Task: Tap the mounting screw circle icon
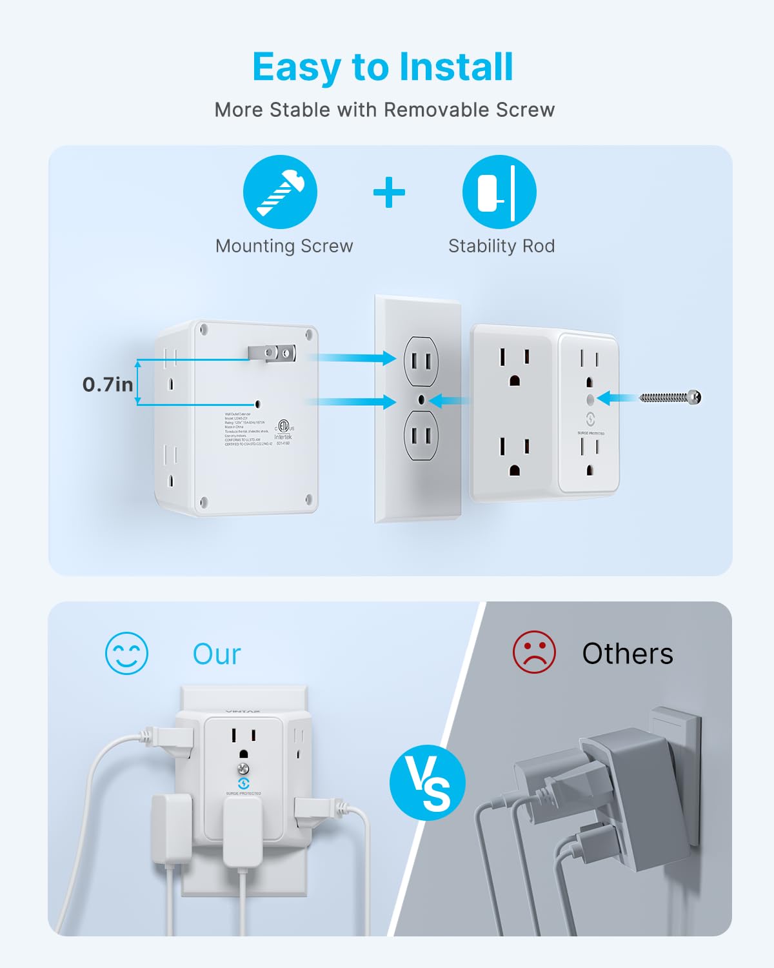(x=280, y=192)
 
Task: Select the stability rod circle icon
(x=499, y=192)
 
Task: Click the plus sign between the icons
(x=389, y=192)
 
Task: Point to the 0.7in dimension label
(x=108, y=385)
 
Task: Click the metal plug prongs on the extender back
(x=272, y=352)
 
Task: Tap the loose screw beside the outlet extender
(x=671, y=398)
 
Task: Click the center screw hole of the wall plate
(x=421, y=400)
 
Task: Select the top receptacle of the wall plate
(x=421, y=361)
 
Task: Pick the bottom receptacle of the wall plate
(x=421, y=436)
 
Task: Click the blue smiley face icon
(x=126, y=653)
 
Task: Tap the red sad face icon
(x=534, y=652)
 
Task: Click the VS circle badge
(x=428, y=783)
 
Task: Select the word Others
(x=628, y=654)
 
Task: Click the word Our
(x=217, y=654)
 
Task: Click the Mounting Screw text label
(x=284, y=246)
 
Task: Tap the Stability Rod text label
(x=501, y=246)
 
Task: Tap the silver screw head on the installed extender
(x=244, y=769)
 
